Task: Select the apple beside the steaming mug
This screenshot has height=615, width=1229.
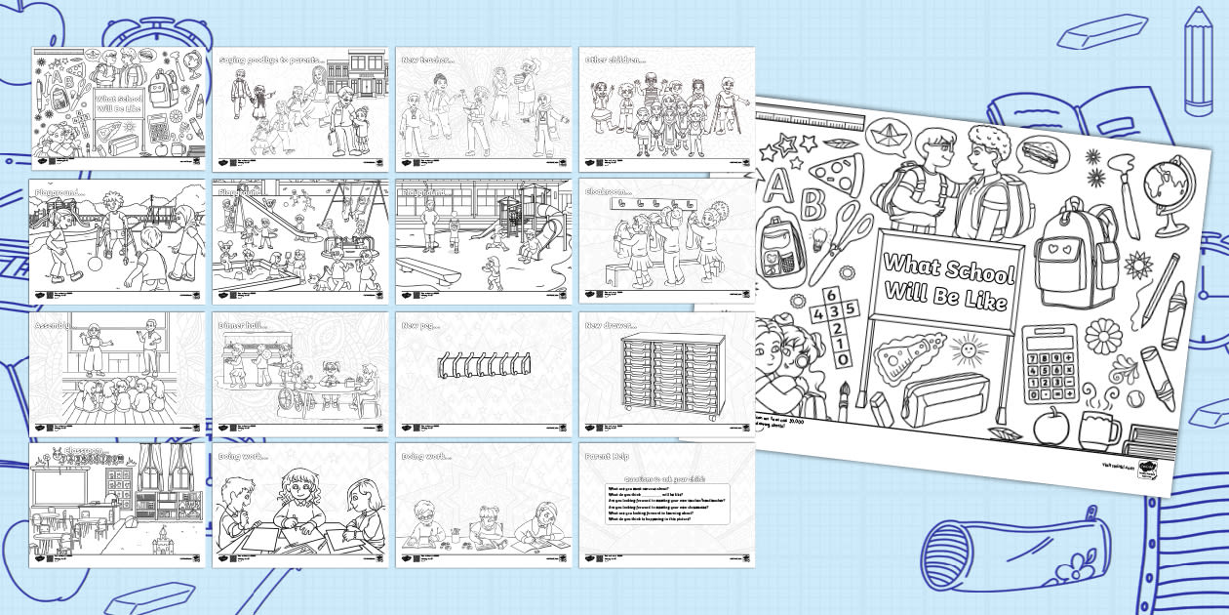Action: pos(1051,426)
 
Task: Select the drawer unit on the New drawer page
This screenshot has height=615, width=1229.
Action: pos(666,372)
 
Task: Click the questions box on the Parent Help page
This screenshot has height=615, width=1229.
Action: pos(667,503)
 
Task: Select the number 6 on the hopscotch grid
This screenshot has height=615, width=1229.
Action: pos(832,294)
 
